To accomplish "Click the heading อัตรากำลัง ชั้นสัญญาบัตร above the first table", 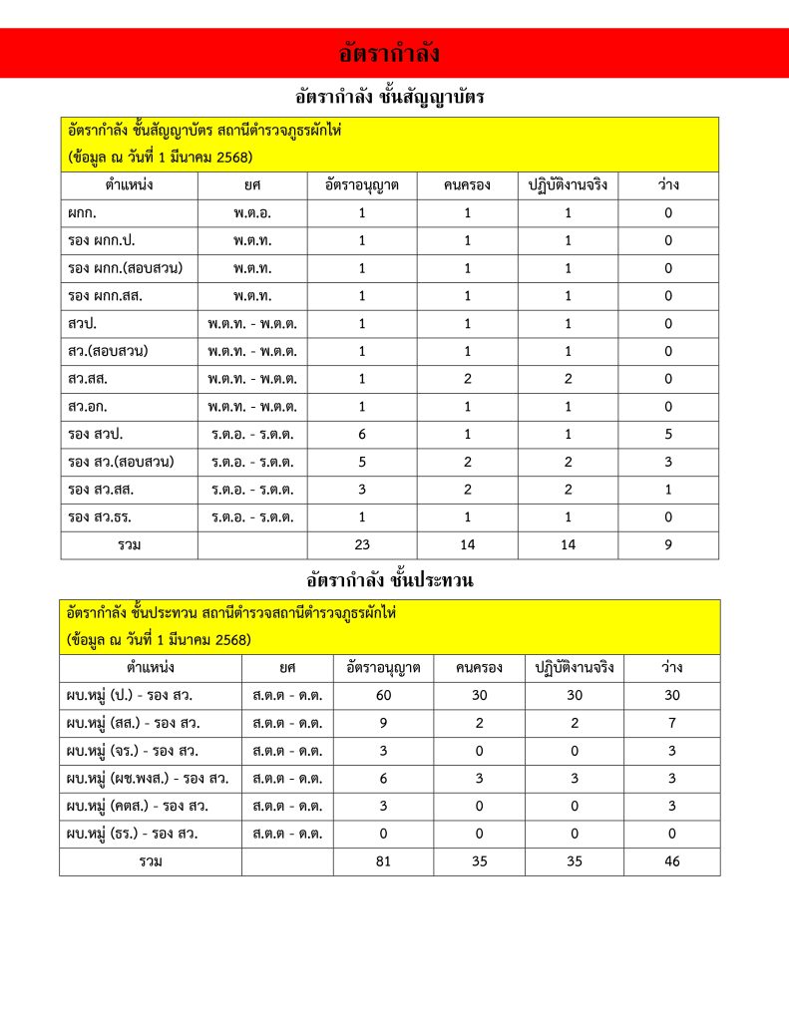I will coord(390,98).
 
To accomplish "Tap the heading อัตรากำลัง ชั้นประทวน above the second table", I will coord(390,579).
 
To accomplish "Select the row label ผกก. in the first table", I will coord(82,213).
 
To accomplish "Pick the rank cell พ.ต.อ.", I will coord(252,213).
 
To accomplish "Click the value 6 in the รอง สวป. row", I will coord(362,435).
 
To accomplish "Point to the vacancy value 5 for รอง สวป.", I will coord(667,435).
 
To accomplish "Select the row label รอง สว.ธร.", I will coord(97,517).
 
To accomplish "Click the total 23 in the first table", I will coord(362,545).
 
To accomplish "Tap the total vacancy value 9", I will coord(667,545).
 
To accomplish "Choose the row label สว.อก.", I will coord(89,407).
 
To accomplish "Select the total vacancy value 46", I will coord(671,861).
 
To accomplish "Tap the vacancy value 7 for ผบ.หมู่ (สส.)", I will coord(671,724).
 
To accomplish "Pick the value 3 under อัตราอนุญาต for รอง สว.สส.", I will coord(362,490).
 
